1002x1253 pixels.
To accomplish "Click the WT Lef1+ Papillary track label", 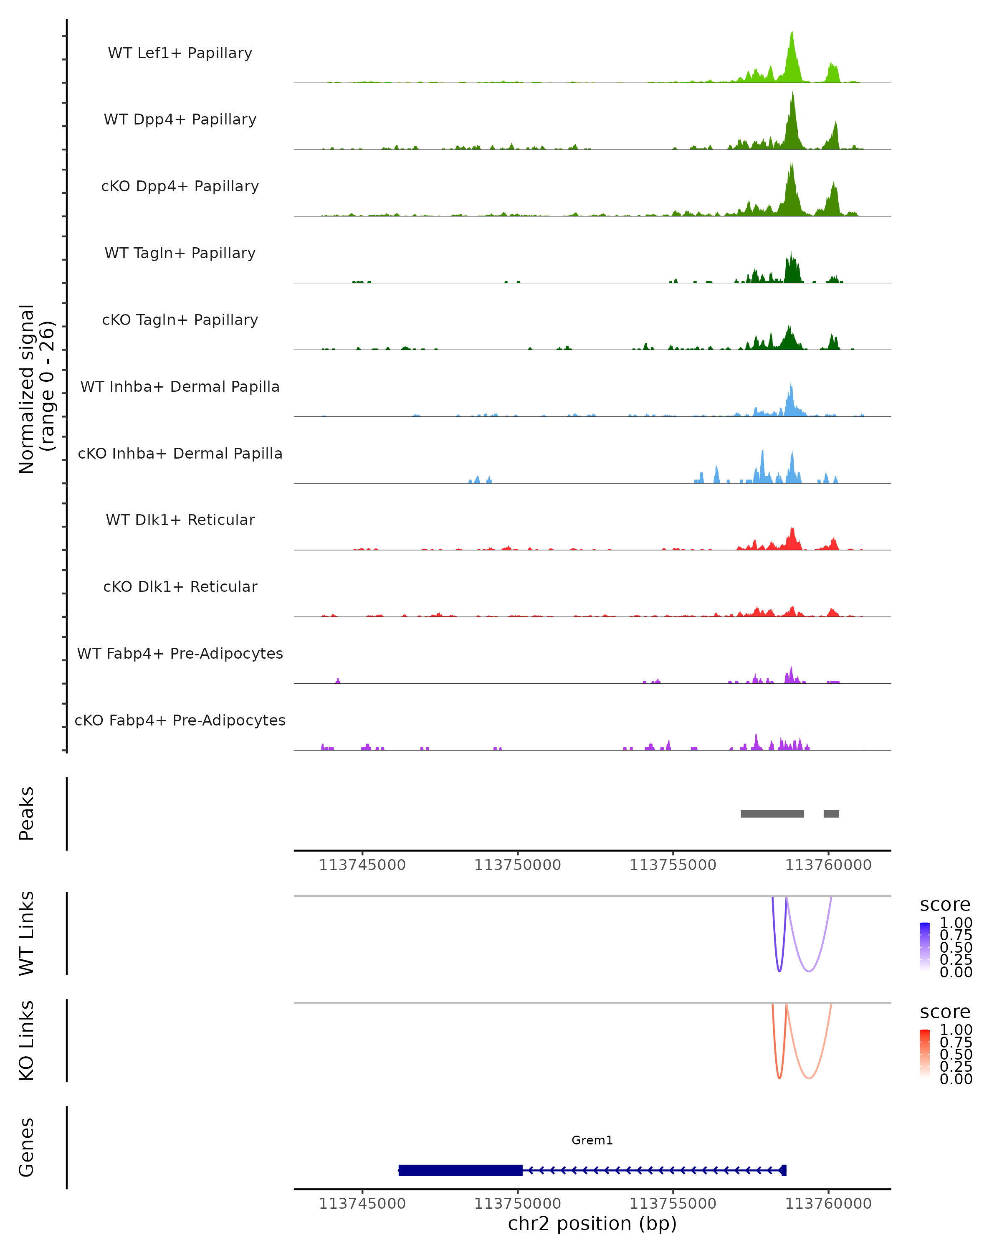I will (x=180, y=53).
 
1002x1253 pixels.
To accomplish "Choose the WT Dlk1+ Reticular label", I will (x=180, y=520).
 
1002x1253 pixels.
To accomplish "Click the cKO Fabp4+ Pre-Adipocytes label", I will (x=180, y=720).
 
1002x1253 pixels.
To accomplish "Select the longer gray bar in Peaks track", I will (x=772, y=814).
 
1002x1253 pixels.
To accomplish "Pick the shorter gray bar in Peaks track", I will (x=831, y=814).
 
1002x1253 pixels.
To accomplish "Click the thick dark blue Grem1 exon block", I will (x=460, y=1170).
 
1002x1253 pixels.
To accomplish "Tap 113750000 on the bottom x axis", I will (x=518, y=1204).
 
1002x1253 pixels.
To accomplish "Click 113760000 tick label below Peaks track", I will (x=828, y=865).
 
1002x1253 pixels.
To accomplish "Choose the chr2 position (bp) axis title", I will (x=592, y=1224).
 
